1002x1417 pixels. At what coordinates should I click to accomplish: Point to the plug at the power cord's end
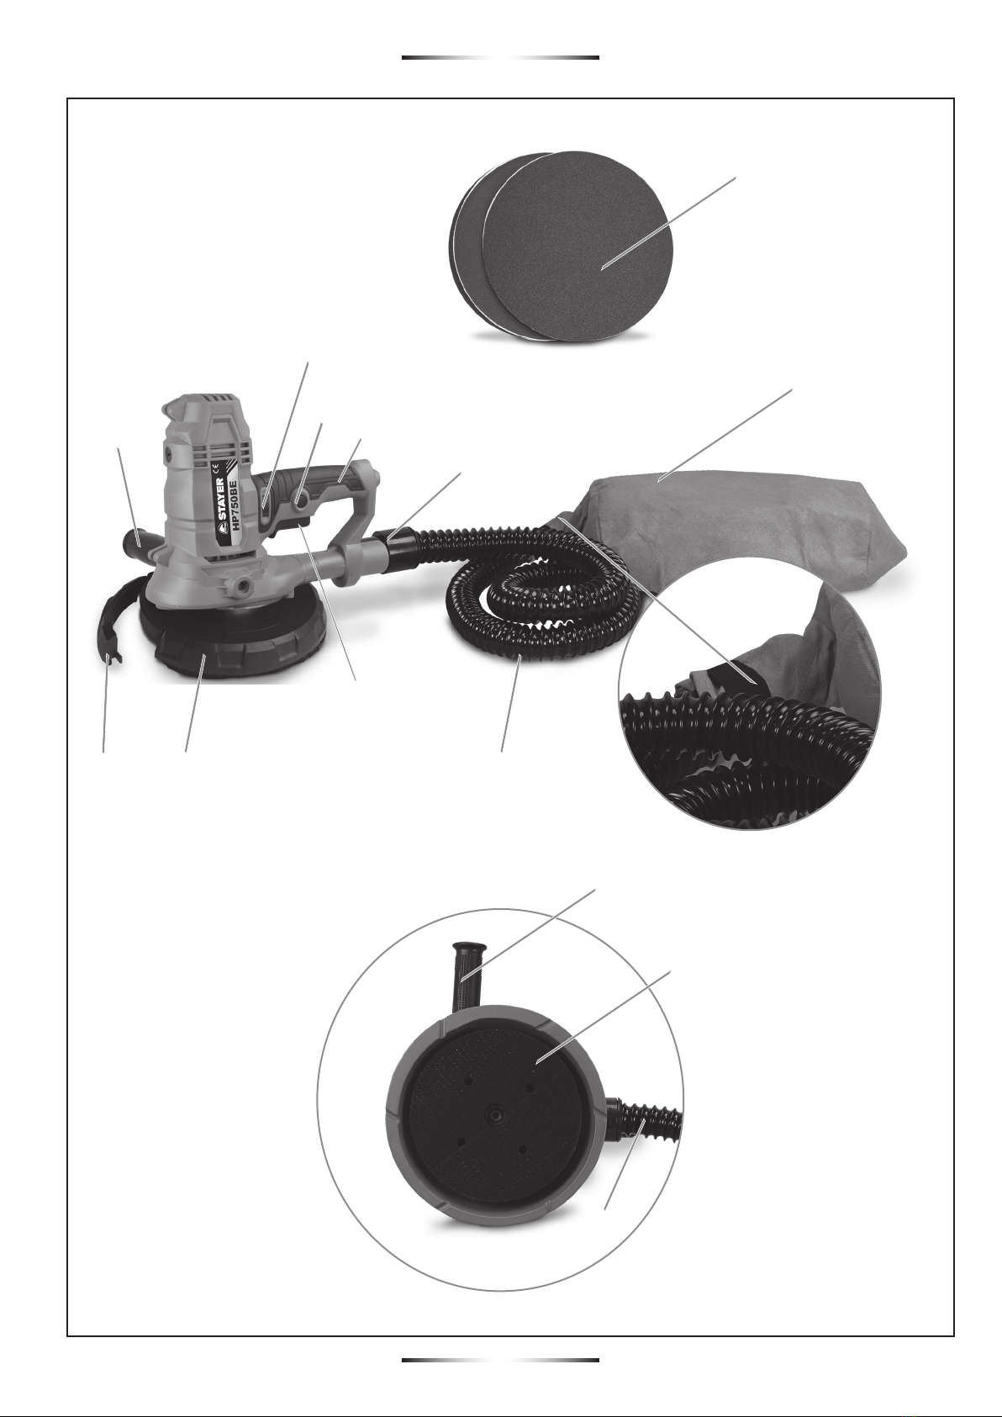point(112,657)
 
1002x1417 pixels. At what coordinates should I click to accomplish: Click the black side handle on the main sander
point(136,541)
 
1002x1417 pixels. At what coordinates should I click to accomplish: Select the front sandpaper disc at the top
point(577,246)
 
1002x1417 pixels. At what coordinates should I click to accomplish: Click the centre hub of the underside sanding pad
point(493,1113)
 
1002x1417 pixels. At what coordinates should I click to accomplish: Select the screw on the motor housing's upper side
point(168,453)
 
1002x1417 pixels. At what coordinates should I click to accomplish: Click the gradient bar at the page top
point(500,57)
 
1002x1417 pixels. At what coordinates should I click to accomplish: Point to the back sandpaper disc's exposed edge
point(468,246)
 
